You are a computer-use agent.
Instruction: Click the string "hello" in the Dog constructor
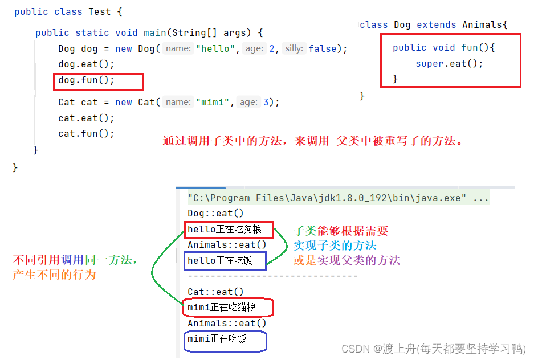click(x=218, y=49)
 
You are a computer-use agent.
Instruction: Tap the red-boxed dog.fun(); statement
click(x=87, y=80)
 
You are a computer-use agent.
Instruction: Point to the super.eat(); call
click(x=449, y=64)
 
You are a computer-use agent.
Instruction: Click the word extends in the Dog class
click(x=436, y=25)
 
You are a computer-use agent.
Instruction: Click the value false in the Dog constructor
click(x=323, y=49)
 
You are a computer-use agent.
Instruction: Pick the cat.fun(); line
click(x=86, y=134)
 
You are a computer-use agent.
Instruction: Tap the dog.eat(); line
click(x=86, y=64)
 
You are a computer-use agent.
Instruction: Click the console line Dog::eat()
click(x=215, y=214)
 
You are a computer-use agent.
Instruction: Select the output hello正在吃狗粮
click(x=224, y=230)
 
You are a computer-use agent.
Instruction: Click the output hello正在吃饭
click(x=219, y=261)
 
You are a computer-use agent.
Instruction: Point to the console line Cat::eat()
click(x=215, y=292)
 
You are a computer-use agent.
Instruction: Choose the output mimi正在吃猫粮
click(x=222, y=308)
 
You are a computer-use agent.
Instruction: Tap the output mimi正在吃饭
click(x=217, y=339)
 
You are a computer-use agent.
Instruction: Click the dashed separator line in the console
click(x=272, y=276)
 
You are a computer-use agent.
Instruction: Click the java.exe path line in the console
click(x=337, y=198)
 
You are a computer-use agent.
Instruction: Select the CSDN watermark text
click(x=433, y=348)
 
